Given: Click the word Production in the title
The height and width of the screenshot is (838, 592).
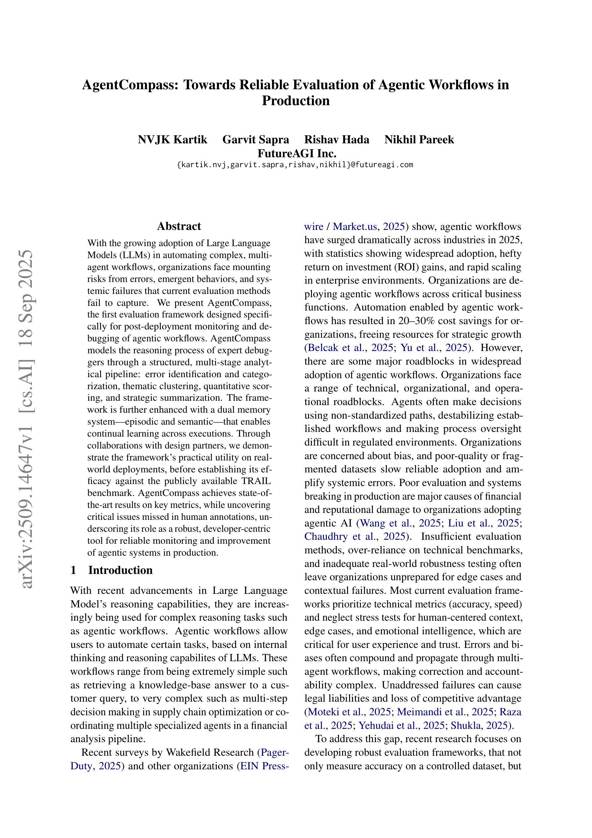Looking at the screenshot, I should point(296,101).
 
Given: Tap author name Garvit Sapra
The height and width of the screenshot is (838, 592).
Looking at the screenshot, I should point(256,139).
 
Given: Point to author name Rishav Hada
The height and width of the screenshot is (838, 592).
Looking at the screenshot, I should point(337,139).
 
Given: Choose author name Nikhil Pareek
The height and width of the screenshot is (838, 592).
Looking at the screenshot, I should point(419,139).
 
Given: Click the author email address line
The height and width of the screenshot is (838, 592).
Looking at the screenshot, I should point(295,165).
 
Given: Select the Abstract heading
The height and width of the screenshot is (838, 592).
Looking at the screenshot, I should point(179,226).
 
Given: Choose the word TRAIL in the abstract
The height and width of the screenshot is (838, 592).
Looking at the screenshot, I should point(258,481).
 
